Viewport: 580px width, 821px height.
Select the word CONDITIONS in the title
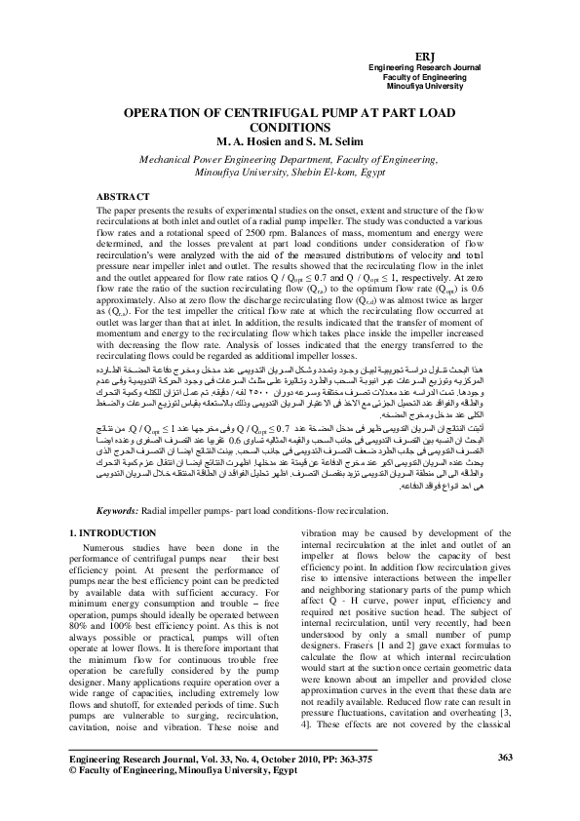290,127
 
